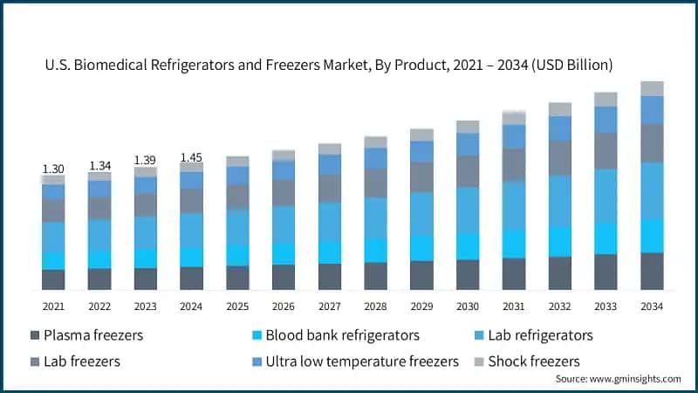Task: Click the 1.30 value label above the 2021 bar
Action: click(53, 169)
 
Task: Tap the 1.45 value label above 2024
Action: click(191, 157)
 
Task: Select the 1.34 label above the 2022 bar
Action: click(99, 166)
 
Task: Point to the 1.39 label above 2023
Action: click(145, 161)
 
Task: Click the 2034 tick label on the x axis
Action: click(652, 306)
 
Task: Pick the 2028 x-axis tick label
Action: click(375, 306)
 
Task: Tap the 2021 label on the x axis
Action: click(53, 306)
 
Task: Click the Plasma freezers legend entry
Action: click(86, 335)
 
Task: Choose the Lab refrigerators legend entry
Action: click(535, 335)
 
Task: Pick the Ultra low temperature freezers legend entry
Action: click(353, 361)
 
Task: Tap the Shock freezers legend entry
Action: click(526, 361)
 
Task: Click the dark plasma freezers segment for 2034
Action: click(652, 272)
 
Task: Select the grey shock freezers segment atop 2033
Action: click(606, 100)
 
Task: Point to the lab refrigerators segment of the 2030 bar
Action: click(468, 210)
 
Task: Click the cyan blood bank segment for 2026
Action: click(284, 253)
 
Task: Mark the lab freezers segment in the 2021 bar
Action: click(53, 210)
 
